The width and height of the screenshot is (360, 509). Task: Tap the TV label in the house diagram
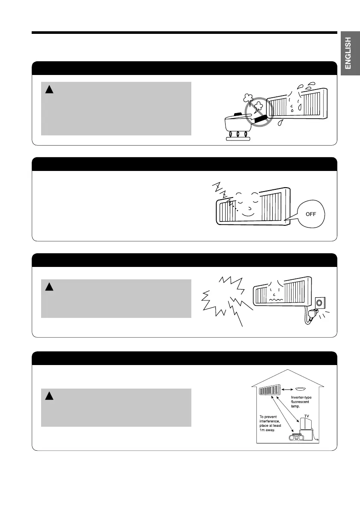pos(306,416)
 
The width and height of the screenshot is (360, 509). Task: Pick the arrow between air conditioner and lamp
pos(287,389)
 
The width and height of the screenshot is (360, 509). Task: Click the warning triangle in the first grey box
pos(50,90)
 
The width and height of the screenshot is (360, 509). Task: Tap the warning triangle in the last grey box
pos(50,396)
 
